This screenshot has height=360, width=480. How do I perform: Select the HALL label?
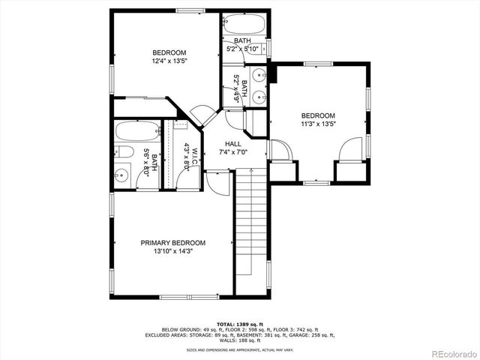click(x=233, y=143)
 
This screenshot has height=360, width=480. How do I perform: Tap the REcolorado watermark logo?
click(x=452, y=352)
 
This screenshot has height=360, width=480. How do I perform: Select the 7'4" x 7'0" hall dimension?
click(x=233, y=152)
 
